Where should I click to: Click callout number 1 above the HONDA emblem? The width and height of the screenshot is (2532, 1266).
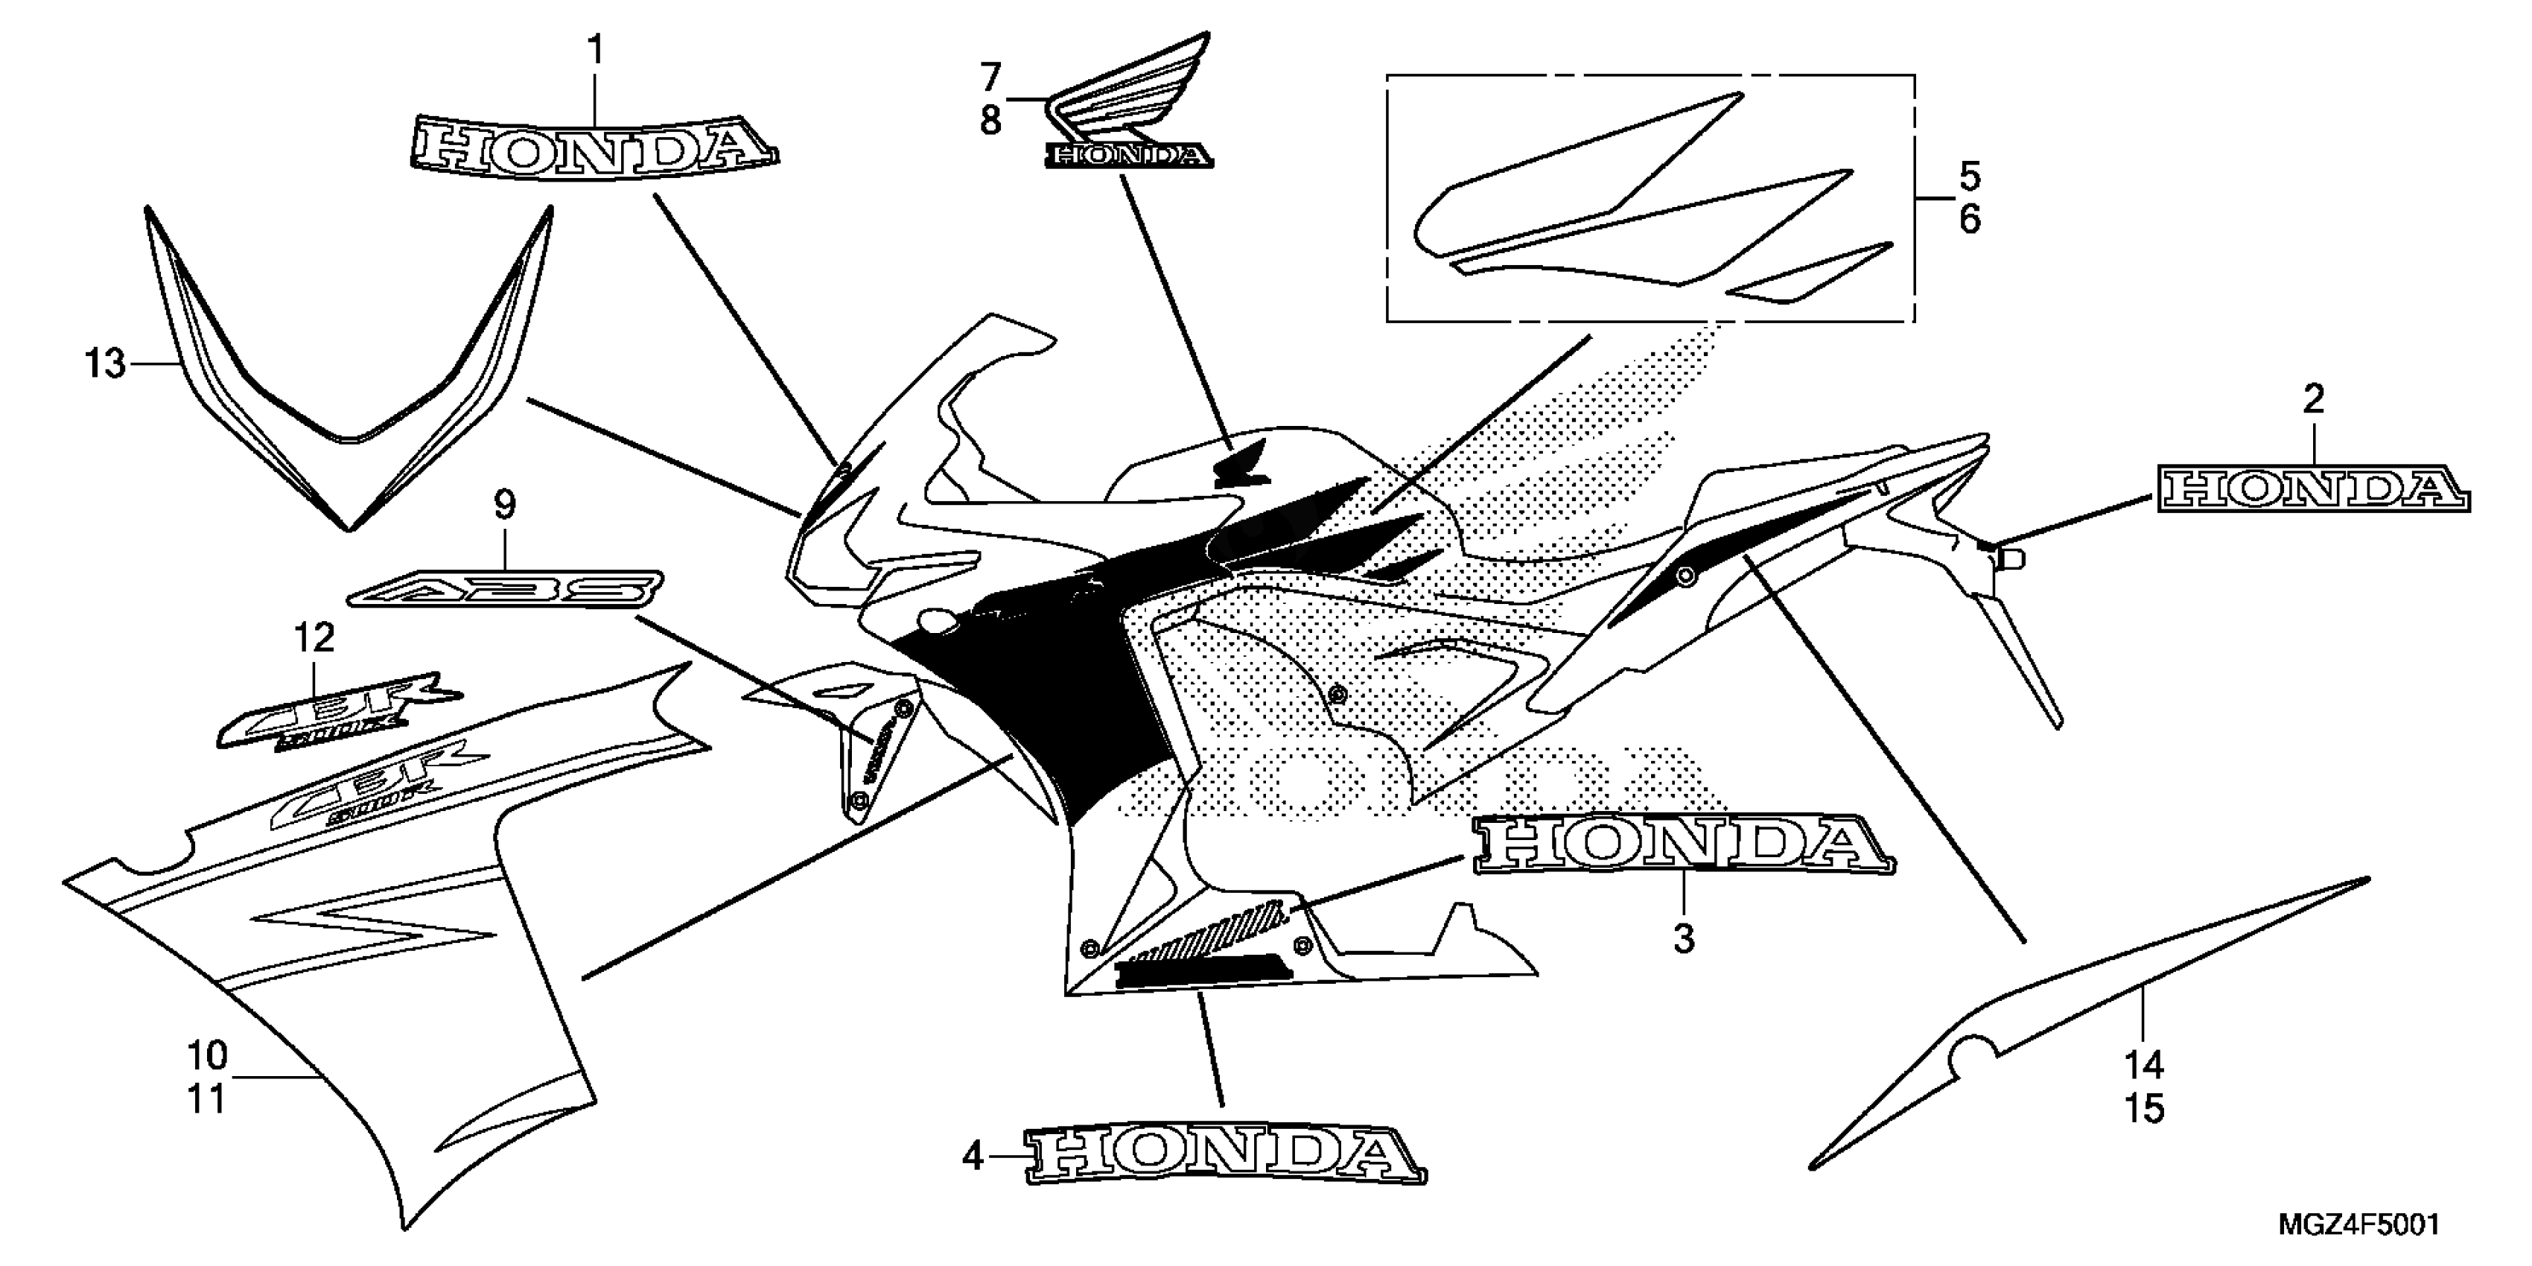(595, 50)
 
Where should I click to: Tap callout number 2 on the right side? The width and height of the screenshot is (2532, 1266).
(2313, 399)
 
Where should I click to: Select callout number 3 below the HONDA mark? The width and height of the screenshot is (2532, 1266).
(1684, 938)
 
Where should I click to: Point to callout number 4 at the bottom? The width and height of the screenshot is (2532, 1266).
(972, 1158)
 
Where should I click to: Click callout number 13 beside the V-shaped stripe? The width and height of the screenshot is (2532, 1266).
(105, 365)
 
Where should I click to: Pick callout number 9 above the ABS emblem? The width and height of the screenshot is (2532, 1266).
(503, 506)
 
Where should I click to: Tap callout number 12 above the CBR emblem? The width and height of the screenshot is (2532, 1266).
(314, 638)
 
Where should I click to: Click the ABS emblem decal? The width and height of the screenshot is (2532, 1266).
(504, 590)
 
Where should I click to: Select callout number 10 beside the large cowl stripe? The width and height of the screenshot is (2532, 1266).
(207, 1056)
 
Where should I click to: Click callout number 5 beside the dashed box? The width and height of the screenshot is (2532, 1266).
(1969, 177)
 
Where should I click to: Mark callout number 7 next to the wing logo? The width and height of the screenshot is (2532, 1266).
(990, 76)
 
